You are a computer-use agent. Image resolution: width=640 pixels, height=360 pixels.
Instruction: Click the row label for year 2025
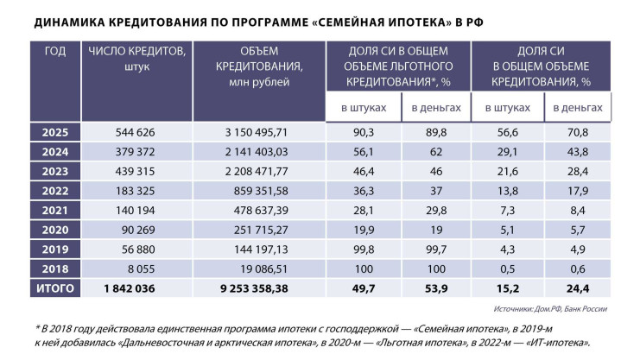[54, 132]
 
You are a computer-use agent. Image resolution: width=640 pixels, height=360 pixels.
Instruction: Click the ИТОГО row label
[54, 287]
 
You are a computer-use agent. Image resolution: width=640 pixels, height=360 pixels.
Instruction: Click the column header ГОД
[54, 51]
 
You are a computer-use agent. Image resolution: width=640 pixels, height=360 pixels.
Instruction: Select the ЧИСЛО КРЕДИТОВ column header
[137, 58]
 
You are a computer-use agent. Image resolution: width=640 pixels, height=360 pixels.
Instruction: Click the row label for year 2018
[54, 268]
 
